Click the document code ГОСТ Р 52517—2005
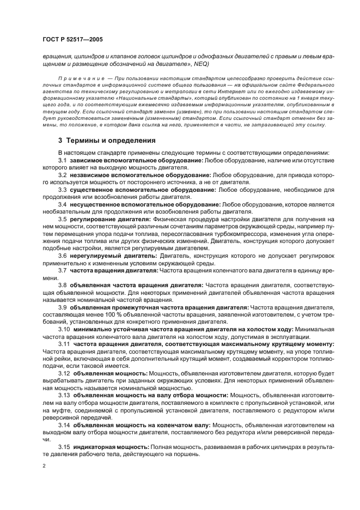[72, 40]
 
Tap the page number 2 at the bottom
[45, 466]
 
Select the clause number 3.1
[63, 161]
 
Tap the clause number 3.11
[64, 344]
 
